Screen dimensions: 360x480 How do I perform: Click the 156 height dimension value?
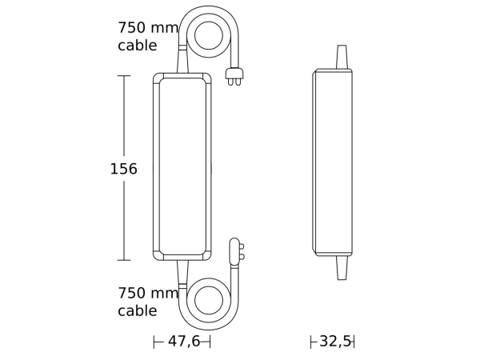[123, 170]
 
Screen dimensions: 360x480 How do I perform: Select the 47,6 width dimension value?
[184, 342]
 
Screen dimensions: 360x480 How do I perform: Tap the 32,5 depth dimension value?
[335, 342]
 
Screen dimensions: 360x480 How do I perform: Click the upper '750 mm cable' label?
[148, 37]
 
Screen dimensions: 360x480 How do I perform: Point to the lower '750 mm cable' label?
[148, 302]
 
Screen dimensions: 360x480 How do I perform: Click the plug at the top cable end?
[234, 76]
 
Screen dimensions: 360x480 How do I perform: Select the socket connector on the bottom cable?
[235, 252]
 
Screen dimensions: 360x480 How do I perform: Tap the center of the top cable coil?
[209, 35]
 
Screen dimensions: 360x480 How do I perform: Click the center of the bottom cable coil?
[209, 300]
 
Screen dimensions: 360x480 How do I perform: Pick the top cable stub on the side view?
[342, 57]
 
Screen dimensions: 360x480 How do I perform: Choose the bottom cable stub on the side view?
[342, 268]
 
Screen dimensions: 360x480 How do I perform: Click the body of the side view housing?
[333, 162]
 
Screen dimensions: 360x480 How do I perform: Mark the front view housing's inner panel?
[182, 166]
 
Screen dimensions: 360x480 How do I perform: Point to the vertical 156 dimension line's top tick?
[124, 76]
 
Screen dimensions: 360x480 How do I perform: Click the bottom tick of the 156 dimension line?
[124, 260]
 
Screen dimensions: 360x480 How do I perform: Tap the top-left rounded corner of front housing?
[158, 78]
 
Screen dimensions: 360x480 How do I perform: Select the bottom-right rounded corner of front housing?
[207, 256]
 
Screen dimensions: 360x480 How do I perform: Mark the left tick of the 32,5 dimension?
[311, 342]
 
